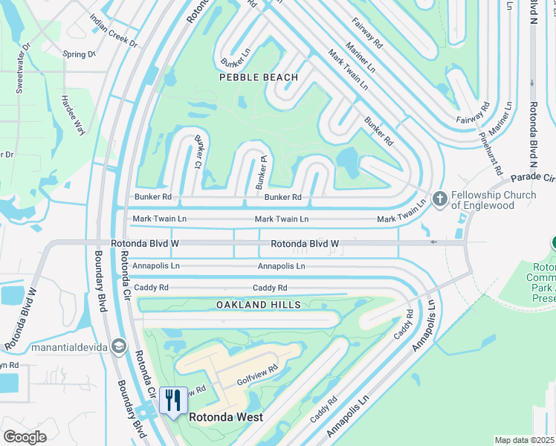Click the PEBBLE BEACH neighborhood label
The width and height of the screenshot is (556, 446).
click(x=259, y=77)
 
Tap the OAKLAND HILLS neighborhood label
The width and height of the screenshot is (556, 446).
click(x=259, y=305)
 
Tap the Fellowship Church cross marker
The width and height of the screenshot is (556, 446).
click(x=439, y=198)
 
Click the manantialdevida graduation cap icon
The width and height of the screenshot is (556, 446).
click(x=118, y=347)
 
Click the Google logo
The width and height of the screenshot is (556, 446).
click(x=25, y=436)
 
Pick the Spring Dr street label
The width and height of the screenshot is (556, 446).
click(x=80, y=54)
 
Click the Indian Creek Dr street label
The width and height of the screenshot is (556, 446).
click(x=113, y=30)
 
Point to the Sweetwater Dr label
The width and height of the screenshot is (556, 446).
click(x=22, y=68)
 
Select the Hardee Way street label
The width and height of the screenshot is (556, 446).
click(x=73, y=114)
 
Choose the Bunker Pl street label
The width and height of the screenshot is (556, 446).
click(x=262, y=169)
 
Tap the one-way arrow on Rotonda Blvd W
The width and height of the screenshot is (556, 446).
click(x=434, y=242)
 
